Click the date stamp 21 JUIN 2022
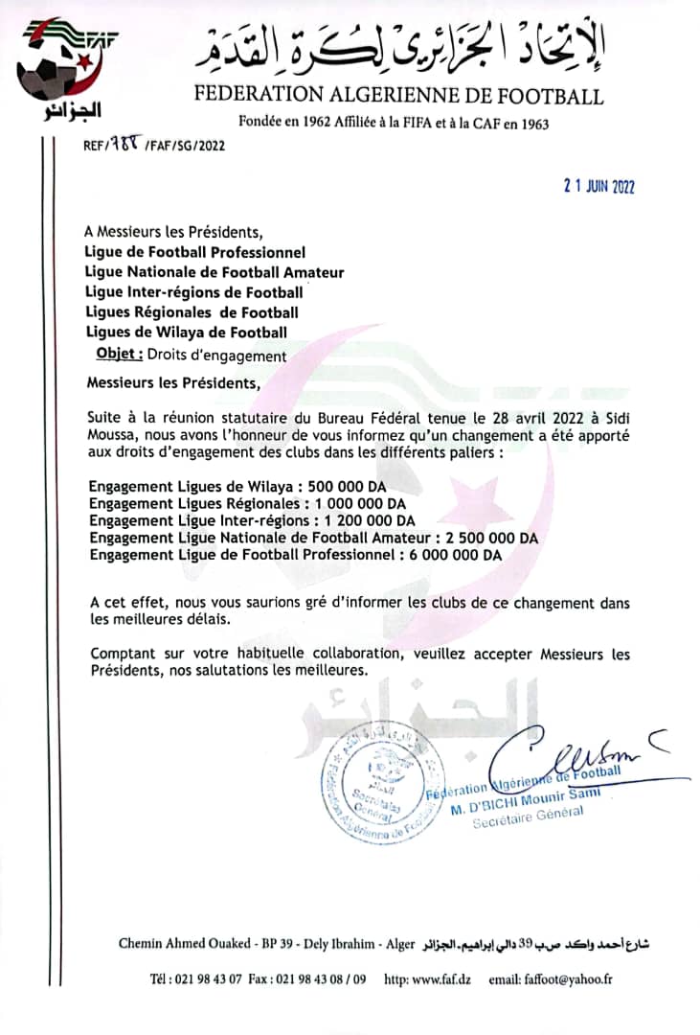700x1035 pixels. pyautogui.click(x=598, y=187)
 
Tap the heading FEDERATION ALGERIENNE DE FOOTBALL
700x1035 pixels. pyautogui.click(x=399, y=96)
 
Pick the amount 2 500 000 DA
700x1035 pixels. pyautogui.click(x=488, y=538)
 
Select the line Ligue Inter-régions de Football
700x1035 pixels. pyautogui.click(x=194, y=291)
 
